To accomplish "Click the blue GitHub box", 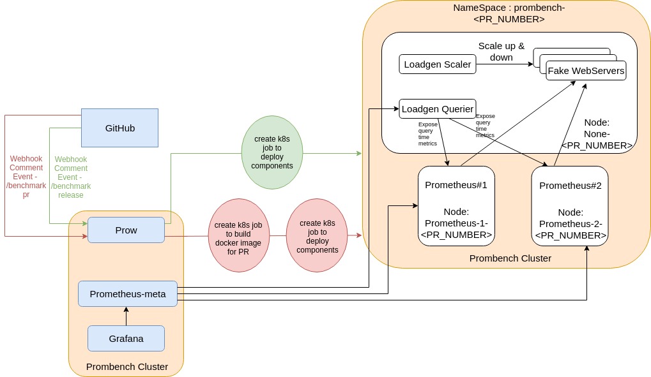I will [119, 128].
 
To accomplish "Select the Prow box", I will [126, 230].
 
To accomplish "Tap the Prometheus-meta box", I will [128, 294].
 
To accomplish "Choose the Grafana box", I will [126, 338].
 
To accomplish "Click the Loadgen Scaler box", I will [438, 64].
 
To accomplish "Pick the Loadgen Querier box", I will [438, 108].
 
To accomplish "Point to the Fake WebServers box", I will [586, 70].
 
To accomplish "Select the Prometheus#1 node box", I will [456, 205].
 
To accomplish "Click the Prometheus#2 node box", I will [570, 205].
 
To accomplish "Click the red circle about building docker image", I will [238, 235].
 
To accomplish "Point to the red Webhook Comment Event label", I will [26, 177].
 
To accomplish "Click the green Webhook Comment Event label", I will [71, 177].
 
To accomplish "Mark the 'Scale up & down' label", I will [502, 52].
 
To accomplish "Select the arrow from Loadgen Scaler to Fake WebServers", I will [505, 64].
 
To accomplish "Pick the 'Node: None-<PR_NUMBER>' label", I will [597, 133].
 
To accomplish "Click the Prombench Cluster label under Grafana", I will [126, 366].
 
